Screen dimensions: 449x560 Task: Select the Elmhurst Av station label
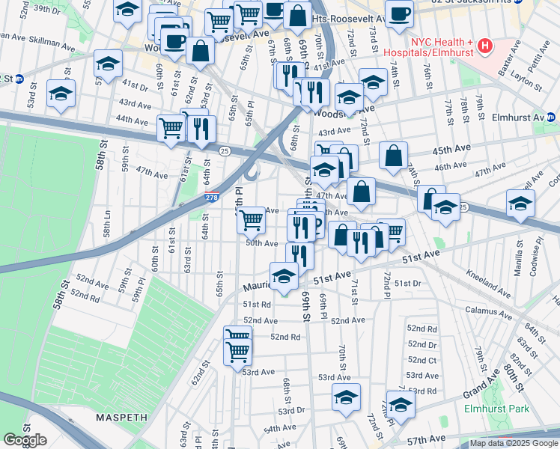click(x=517, y=117)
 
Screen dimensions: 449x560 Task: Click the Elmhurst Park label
click(x=497, y=409)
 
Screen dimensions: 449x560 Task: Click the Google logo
click(x=25, y=440)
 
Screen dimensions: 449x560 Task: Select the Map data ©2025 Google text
click(x=514, y=443)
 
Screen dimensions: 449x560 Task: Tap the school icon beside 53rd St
click(x=61, y=94)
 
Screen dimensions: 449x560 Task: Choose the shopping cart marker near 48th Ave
click(x=252, y=219)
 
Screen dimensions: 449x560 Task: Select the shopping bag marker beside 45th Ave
click(x=393, y=156)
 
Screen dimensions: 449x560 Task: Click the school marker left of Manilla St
click(x=520, y=203)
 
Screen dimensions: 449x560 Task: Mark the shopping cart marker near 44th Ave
click(x=171, y=129)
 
